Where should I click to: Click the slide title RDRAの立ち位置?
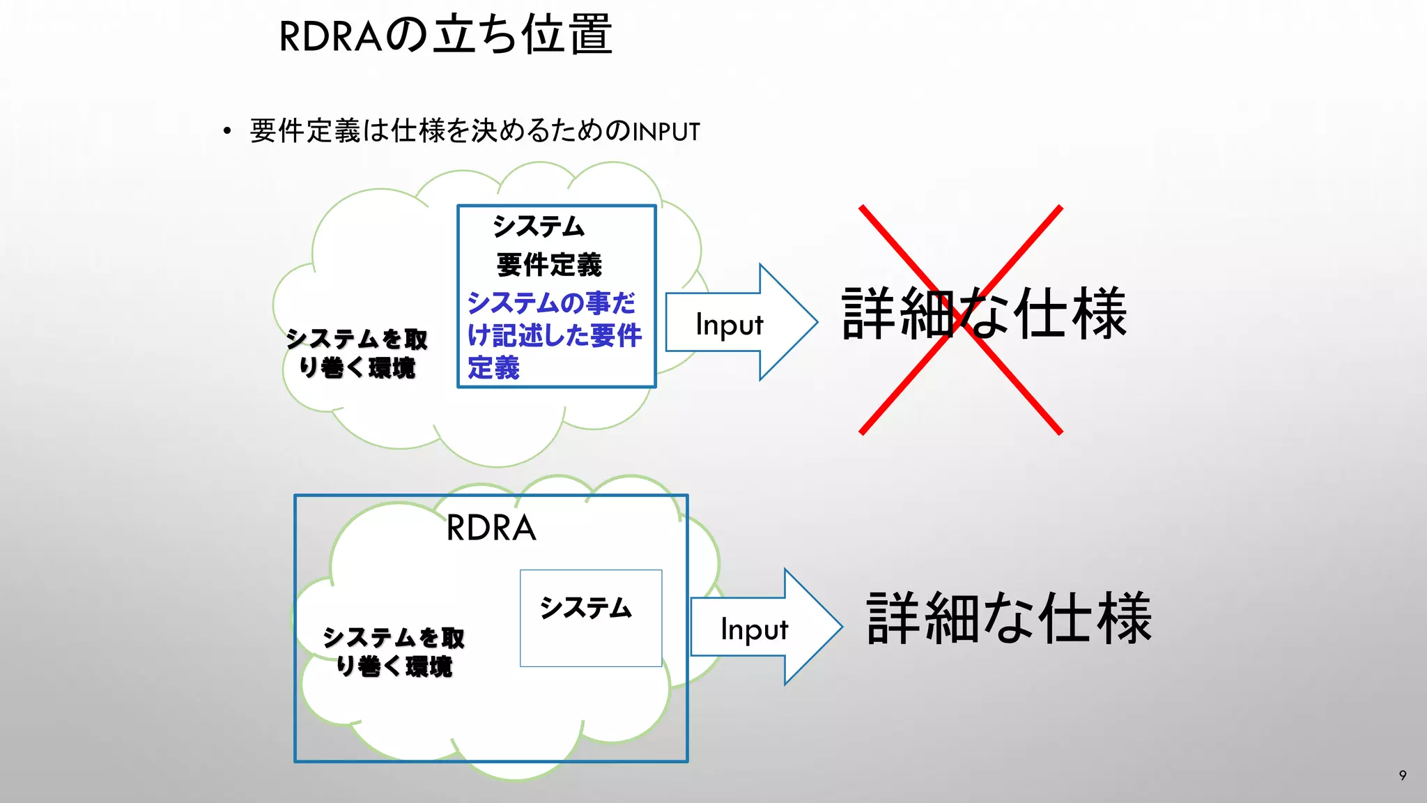point(446,35)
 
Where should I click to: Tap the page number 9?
point(1403,775)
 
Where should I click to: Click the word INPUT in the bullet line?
point(665,132)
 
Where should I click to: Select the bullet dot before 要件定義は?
point(226,131)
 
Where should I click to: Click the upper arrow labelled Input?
point(739,323)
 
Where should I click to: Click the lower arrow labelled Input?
point(764,627)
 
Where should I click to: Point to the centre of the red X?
point(962,320)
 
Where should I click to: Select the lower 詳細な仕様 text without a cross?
point(1009,618)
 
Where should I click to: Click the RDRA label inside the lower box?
point(491,528)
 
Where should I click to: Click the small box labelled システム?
point(591,618)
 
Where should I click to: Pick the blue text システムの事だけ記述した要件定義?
point(554,335)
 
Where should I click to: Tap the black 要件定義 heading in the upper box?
point(549,265)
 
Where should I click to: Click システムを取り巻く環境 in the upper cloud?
point(357,353)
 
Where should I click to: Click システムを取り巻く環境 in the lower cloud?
point(394,652)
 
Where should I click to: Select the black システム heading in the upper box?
point(539,227)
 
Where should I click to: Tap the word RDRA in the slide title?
point(331,36)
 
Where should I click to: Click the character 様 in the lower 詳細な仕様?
point(1123,618)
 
